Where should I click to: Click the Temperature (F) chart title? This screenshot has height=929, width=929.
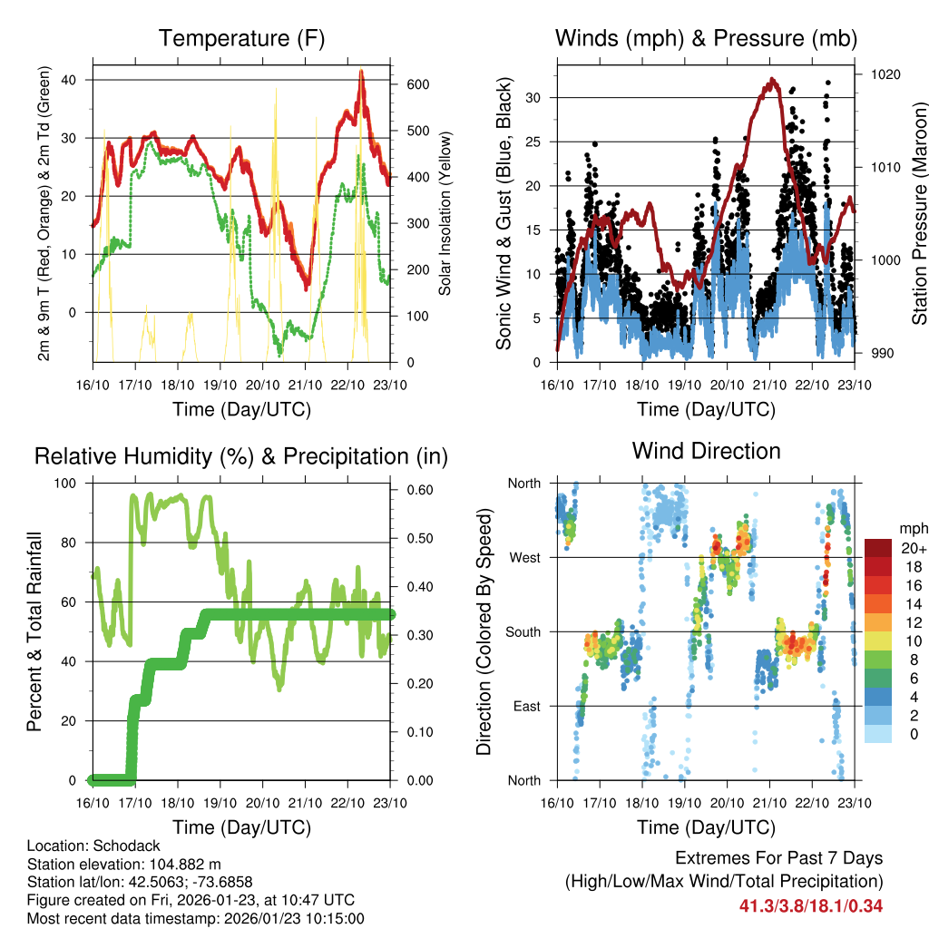click(x=241, y=38)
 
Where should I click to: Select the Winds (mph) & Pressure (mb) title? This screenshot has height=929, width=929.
click(x=706, y=38)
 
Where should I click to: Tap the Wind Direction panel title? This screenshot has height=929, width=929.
click(x=706, y=451)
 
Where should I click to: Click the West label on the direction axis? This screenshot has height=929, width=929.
click(x=524, y=557)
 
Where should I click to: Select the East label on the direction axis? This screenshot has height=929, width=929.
click(x=525, y=706)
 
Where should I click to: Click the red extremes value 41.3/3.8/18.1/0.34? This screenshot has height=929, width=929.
click(x=811, y=905)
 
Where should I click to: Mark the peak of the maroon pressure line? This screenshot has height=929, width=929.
click(x=772, y=80)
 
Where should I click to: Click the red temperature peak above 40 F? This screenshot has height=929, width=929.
click(x=361, y=72)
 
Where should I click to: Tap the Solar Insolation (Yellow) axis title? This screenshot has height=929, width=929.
click(x=445, y=214)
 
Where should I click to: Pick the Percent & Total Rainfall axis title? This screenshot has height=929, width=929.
click(x=34, y=631)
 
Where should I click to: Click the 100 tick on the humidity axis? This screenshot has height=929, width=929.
click(x=69, y=484)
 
